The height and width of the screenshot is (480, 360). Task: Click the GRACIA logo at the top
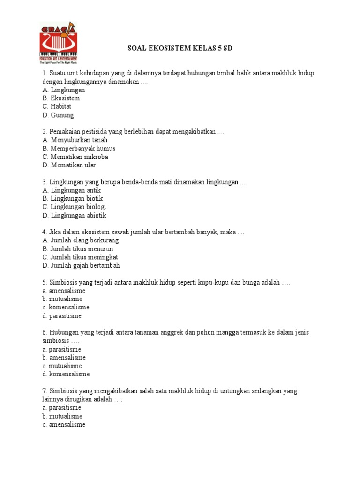coord(58,43)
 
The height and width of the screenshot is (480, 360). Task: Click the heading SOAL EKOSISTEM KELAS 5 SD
coord(180,48)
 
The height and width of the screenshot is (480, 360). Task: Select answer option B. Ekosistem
coord(61,98)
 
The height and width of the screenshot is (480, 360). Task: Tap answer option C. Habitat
coord(57,107)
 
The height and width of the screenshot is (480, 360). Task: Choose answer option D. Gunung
coord(58,115)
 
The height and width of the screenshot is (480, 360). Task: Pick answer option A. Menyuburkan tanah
coord(75,140)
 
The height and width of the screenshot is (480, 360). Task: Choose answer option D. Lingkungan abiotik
coord(74,216)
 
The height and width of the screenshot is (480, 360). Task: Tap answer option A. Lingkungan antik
coord(71,190)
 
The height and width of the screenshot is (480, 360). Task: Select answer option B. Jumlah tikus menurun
coord(77,249)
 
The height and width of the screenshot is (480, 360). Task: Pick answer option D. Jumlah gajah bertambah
coord(81,266)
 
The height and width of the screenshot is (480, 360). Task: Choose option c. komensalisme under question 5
coord(66,307)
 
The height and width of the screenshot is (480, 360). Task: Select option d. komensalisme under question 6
coord(66,375)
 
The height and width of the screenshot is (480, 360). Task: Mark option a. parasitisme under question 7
coord(61,408)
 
